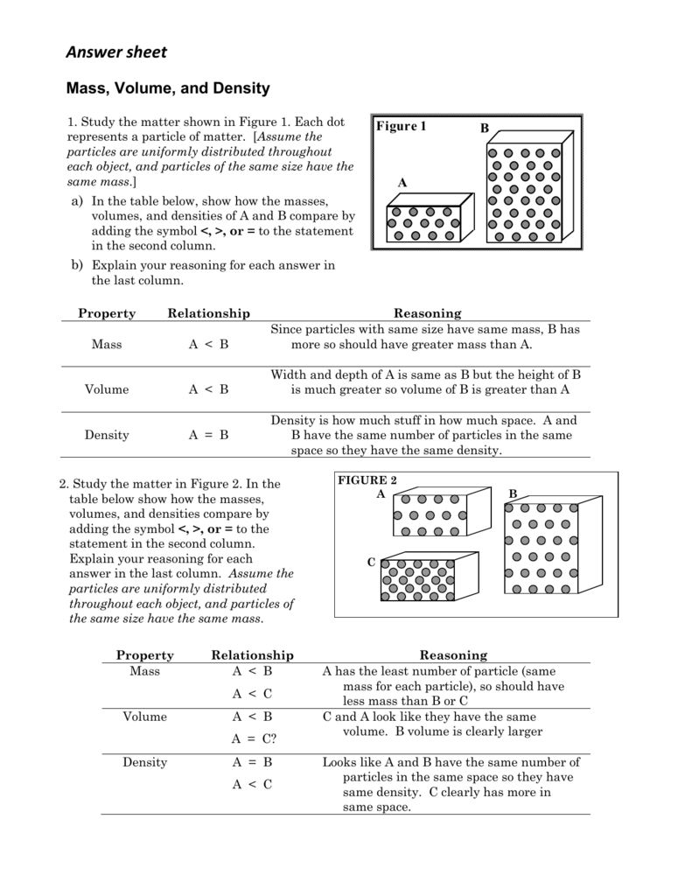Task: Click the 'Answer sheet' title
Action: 116,52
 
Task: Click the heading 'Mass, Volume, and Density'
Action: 169,88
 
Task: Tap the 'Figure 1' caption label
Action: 401,127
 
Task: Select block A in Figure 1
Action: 425,222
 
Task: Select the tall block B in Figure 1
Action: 528,188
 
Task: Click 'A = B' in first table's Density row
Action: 208,435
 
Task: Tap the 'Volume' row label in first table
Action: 107,389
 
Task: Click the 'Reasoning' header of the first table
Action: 427,313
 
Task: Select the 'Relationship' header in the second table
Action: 253,655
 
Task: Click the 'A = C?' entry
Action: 253,738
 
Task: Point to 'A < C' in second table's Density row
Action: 252,785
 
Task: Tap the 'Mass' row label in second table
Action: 145,671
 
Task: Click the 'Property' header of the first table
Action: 107,313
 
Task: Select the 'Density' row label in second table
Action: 145,762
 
